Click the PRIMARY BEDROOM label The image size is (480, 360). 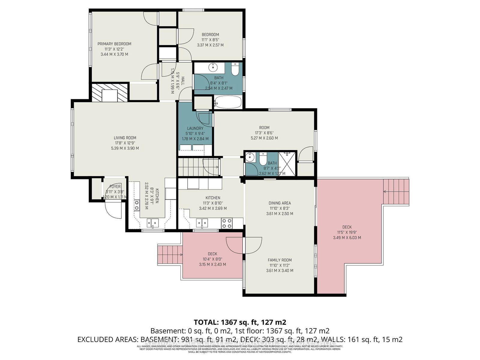click(x=114, y=44)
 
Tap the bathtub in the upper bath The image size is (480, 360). click(x=228, y=102)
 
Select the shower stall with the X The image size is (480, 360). click(x=287, y=164)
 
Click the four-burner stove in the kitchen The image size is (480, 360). click(x=226, y=223)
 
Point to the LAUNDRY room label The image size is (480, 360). click(x=195, y=128)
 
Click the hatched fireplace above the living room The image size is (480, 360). click(x=109, y=92)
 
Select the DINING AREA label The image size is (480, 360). click(x=280, y=203)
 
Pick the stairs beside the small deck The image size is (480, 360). click(x=170, y=254)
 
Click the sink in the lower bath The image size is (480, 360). click(x=250, y=157)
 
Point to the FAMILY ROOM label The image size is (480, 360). click(x=280, y=260)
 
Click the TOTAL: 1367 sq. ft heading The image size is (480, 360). click(x=240, y=322)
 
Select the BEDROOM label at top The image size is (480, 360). click(x=210, y=34)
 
